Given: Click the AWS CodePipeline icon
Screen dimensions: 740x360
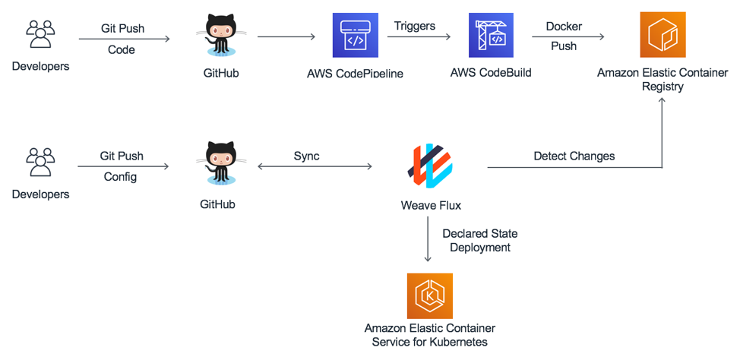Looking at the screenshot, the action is (x=356, y=35).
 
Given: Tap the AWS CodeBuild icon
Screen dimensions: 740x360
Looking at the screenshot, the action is (x=491, y=35).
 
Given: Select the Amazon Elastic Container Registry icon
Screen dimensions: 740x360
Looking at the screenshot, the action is (x=663, y=35).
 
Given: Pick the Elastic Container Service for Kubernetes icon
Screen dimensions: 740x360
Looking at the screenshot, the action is (x=430, y=296).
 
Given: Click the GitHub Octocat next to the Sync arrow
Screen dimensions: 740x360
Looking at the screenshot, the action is (x=217, y=163).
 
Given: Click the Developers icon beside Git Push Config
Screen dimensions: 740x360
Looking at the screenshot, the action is (x=40, y=163).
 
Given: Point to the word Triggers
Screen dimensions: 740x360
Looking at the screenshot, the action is (x=415, y=26).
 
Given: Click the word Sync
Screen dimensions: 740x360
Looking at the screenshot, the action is (x=307, y=156).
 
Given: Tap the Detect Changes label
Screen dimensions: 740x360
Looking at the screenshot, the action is (x=574, y=156).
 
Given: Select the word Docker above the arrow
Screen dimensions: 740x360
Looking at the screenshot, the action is (x=564, y=27).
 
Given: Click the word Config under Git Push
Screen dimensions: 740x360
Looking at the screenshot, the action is (x=120, y=178).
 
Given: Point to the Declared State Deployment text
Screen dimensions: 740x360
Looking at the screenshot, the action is (x=480, y=241).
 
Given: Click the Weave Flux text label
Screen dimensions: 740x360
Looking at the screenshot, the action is (x=430, y=205).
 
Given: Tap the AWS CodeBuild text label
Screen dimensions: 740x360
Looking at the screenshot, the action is (x=491, y=73).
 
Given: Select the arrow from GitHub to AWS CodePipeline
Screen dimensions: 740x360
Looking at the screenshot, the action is (x=286, y=36).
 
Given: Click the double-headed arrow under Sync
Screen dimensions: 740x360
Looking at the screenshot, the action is (x=315, y=166).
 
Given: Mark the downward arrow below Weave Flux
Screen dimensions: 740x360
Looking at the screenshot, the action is (x=428, y=238).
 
